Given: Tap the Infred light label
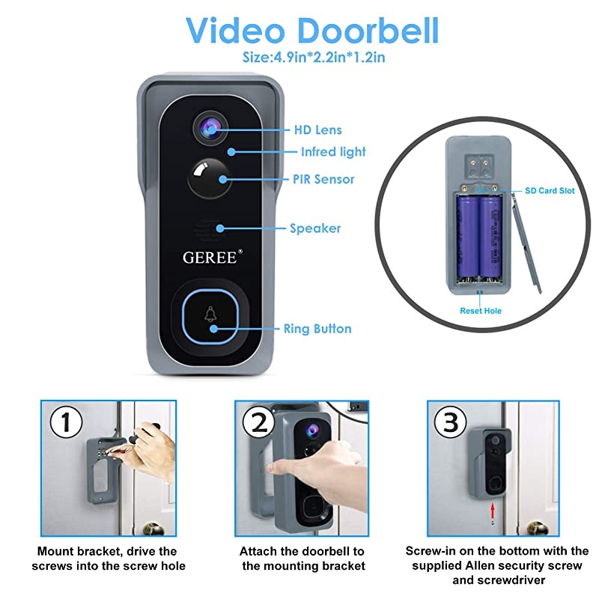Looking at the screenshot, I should tap(333, 152).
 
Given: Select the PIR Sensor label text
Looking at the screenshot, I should tap(323, 180).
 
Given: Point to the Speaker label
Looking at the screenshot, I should tap(315, 228).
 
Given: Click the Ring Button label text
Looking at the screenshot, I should tap(317, 329).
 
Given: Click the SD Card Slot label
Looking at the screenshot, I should tap(549, 191).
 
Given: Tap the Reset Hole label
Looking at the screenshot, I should tap(481, 310).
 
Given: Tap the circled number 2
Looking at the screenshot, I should tap(259, 424).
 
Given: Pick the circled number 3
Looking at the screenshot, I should tap(451, 424).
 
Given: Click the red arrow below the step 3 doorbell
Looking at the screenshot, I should tap(492, 512).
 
